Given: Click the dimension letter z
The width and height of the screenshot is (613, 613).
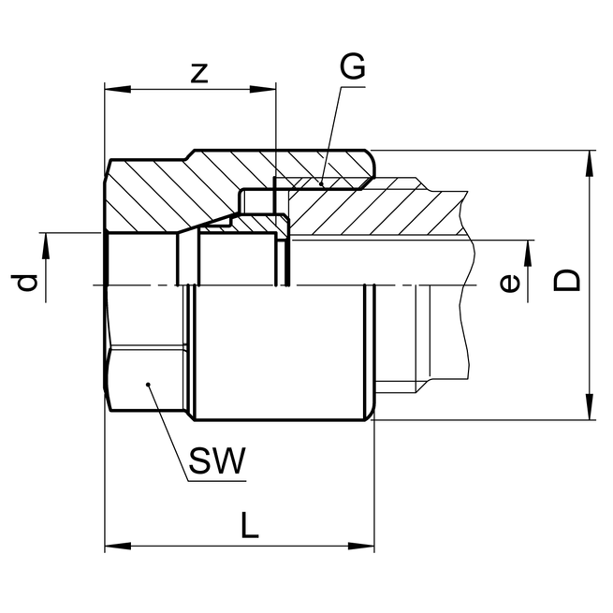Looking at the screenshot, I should pyautogui.click(x=198, y=74).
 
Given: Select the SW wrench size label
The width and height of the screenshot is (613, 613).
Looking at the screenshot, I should pyautogui.click(x=216, y=460).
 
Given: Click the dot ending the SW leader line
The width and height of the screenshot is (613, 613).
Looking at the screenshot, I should pyautogui.click(x=149, y=385).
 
